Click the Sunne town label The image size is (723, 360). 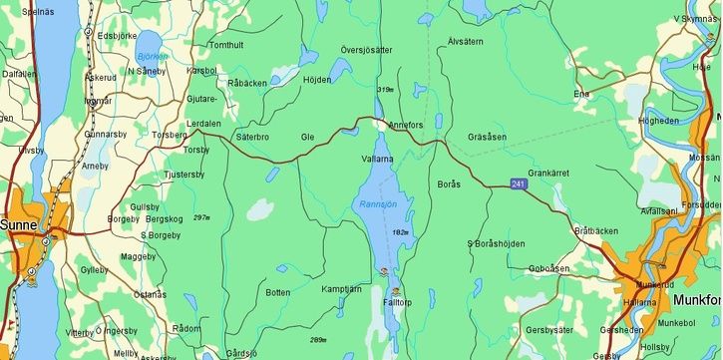coord(19,226)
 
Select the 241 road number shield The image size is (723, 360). coord(518,184)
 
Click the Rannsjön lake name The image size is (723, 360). coord(378,204)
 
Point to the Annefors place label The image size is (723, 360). coord(405,126)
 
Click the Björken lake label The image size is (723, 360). coord(154,57)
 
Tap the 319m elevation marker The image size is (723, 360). coord(385,90)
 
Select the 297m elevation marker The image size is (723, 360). coord(202,217)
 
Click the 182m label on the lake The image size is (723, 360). coord(402,231)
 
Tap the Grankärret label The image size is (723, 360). coord(547,173)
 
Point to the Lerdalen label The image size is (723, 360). coord(203,123)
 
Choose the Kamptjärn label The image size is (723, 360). coord(341,288)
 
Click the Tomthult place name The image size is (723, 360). coord(226,46)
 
